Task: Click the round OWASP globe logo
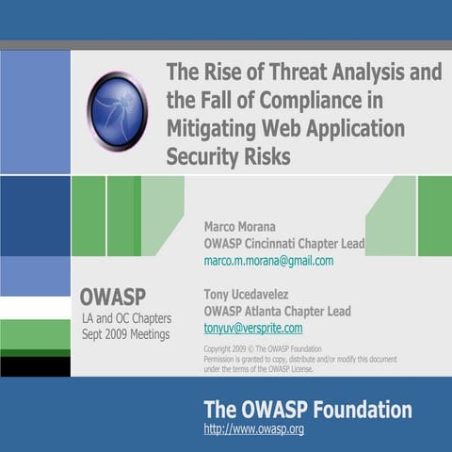118,111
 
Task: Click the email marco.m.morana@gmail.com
268,261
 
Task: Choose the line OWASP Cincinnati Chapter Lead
283,244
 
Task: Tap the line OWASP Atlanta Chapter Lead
277,311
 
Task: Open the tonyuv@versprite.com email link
253,328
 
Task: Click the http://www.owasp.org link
253,429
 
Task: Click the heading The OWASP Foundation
307,410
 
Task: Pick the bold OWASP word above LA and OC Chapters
112,297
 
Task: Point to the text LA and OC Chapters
125,318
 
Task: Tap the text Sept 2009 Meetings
125,334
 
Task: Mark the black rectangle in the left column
35,366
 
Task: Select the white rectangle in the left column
35,308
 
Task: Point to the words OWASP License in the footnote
287,368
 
